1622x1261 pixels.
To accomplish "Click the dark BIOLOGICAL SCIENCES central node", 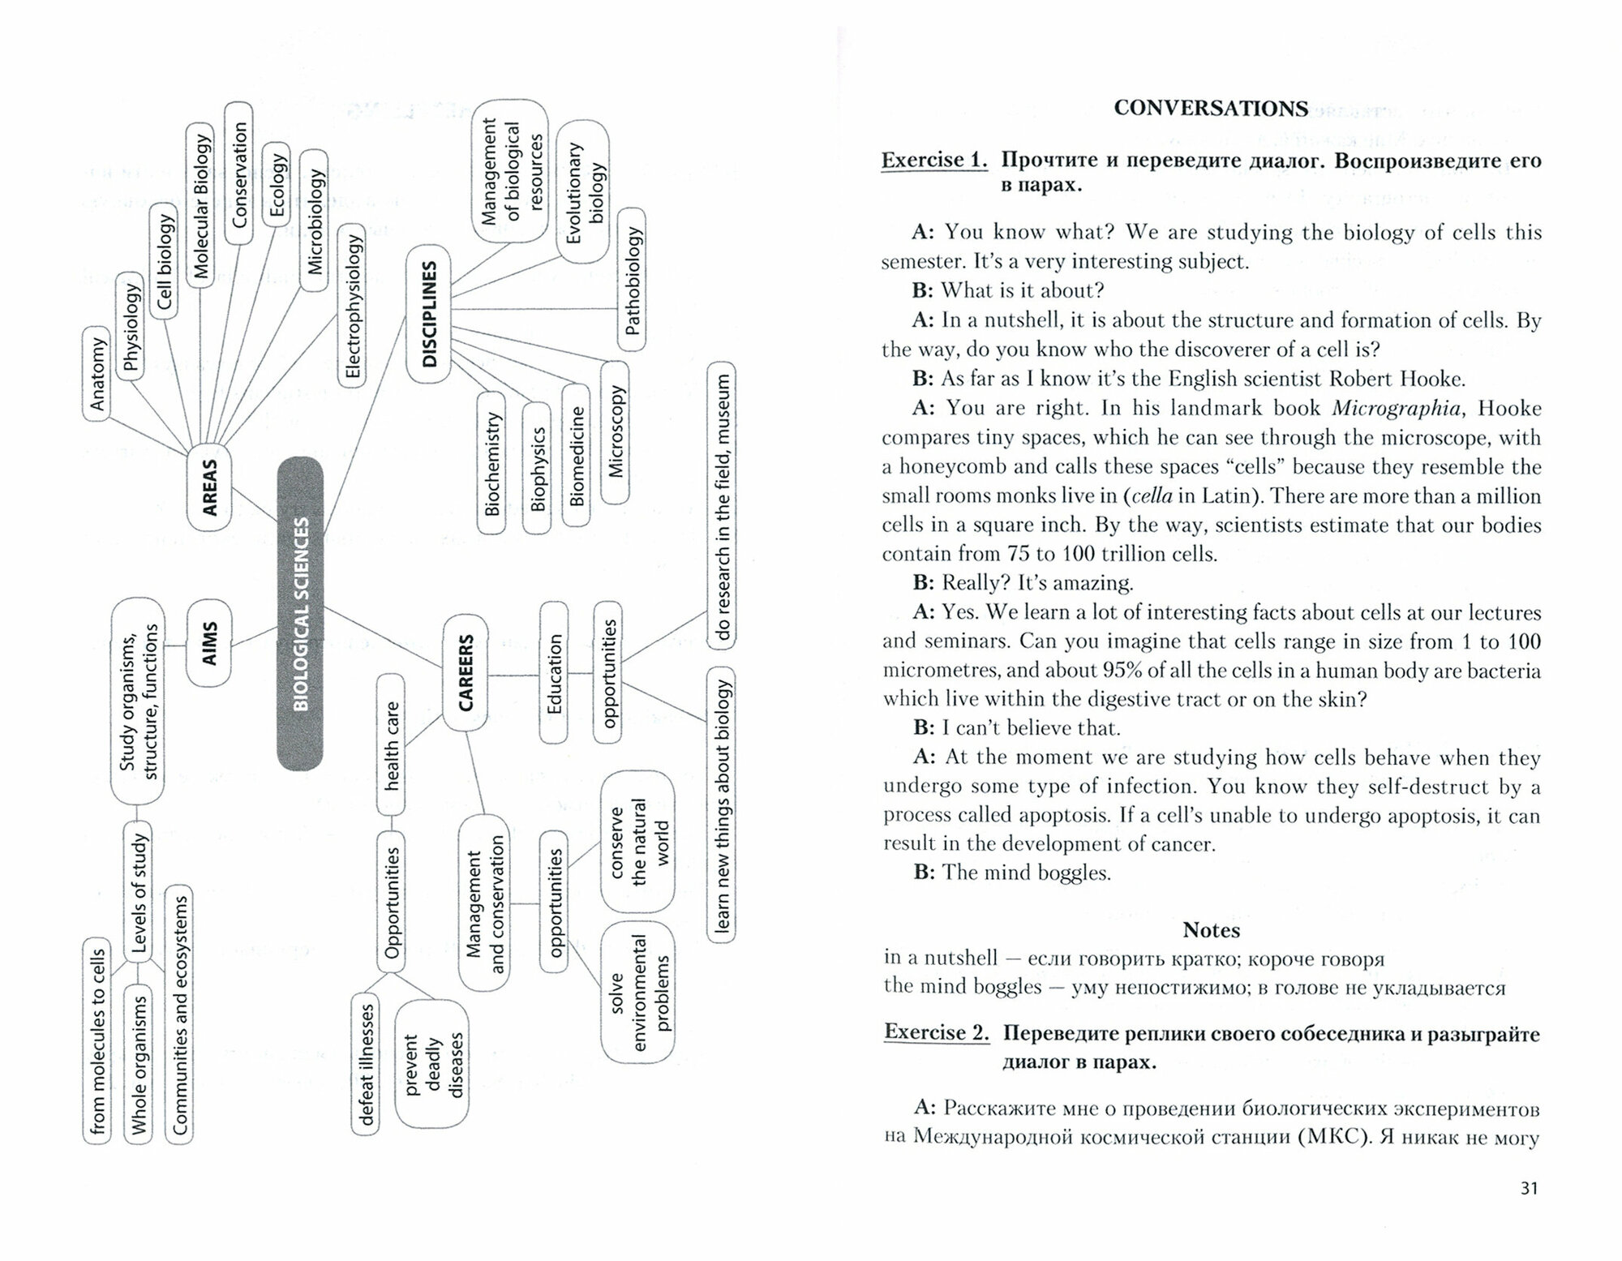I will [x=300, y=613].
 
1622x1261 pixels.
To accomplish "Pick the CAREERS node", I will [x=466, y=672].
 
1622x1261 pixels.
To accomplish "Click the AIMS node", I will [x=209, y=643].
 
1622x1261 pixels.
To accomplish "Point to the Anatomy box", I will [x=97, y=374].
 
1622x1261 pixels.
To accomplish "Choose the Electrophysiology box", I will [x=352, y=306].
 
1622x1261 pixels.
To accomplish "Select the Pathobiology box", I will [x=633, y=280].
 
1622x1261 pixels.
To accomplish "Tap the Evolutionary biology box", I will [x=584, y=192].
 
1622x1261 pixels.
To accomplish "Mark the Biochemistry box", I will [x=491, y=463].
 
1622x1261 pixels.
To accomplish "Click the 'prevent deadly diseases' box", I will [x=432, y=1063].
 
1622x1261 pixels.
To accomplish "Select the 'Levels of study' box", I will [x=138, y=892].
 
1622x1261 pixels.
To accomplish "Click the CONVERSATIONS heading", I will [x=1211, y=108].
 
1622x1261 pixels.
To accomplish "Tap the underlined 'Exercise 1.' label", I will [x=934, y=160].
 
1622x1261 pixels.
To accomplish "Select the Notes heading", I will [x=1211, y=929].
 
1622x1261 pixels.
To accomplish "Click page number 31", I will [x=1529, y=1188].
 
